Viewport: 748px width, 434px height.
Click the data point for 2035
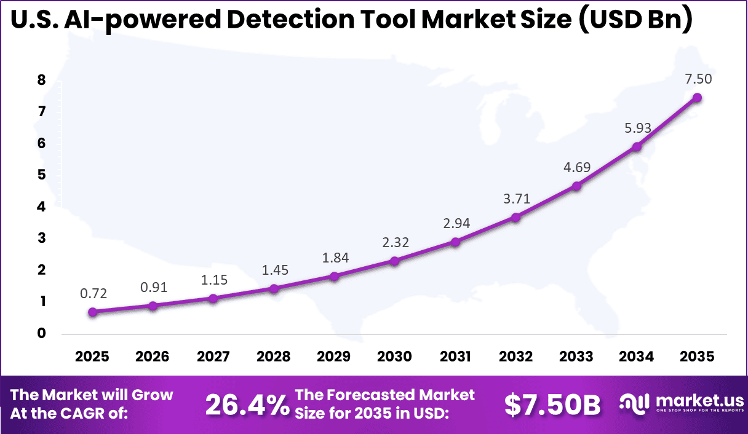(x=697, y=97)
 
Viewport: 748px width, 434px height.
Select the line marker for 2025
(x=92, y=312)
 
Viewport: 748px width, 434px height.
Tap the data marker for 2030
(x=394, y=261)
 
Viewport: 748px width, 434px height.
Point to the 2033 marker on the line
(x=576, y=186)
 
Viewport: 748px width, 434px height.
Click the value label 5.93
(x=637, y=128)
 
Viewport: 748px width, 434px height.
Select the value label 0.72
(x=94, y=293)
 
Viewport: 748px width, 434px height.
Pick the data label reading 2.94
(x=456, y=223)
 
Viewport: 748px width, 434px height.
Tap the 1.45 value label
(x=274, y=269)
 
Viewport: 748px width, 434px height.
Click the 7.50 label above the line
(x=698, y=79)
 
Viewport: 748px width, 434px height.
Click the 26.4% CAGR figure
(x=247, y=405)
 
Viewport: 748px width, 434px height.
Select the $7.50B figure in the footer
(x=552, y=405)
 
